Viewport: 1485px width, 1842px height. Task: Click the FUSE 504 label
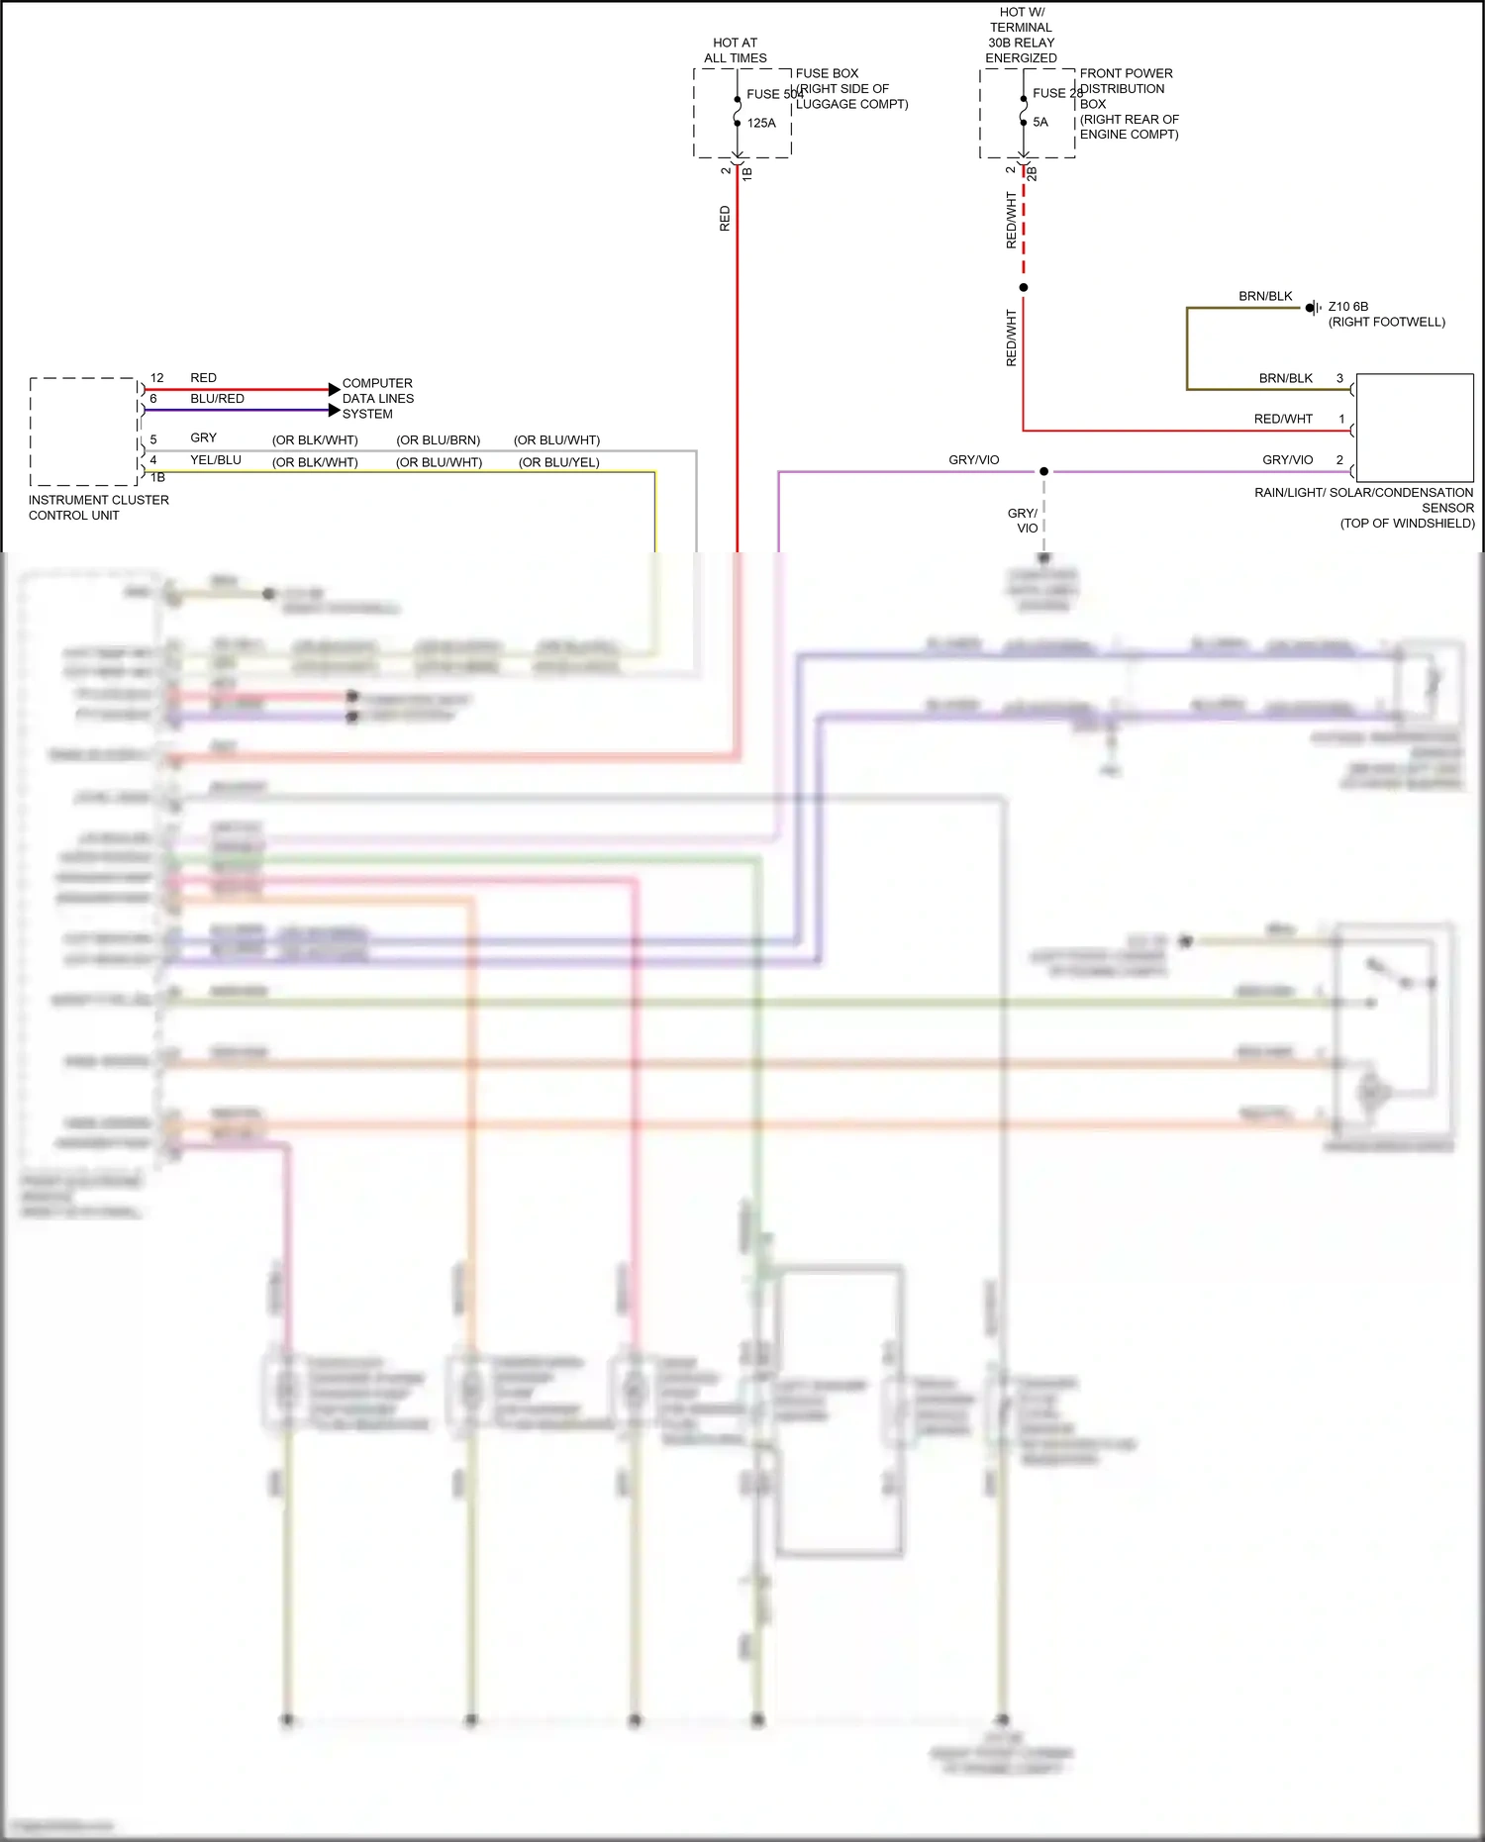pos(774,94)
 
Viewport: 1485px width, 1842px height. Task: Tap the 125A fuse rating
pos(761,123)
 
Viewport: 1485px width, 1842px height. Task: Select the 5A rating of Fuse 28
pos(1039,122)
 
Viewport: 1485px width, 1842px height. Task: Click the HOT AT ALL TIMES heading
pos(735,50)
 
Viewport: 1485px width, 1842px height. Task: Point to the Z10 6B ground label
pos(1347,307)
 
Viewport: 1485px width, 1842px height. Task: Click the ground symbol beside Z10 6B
pos(1313,308)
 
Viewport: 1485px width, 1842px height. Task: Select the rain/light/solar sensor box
pos(1414,428)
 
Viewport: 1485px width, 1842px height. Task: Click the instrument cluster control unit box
pos(83,432)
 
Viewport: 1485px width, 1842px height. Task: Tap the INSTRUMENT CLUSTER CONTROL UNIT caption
pos(98,508)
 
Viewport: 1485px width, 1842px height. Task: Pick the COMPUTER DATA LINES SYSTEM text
pos(377,398)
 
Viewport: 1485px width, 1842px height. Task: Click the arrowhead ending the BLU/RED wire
pos(334,410)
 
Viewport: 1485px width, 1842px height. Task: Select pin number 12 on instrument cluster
pos(156,378)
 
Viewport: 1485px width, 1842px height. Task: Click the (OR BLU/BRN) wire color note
pos(438,440)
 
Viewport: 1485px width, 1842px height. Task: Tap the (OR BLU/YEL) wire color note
pos(558,462)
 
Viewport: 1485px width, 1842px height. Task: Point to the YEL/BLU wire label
pos(216,460)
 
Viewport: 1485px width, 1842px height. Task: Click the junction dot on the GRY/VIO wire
pos(1043,471)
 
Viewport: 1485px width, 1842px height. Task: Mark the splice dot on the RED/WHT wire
pos(1024,287)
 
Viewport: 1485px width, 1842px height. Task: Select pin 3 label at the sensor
pos(1339,378)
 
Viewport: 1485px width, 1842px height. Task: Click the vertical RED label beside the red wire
pos(725,219)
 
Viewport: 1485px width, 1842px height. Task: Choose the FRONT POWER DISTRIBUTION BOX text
pos(1128,103)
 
